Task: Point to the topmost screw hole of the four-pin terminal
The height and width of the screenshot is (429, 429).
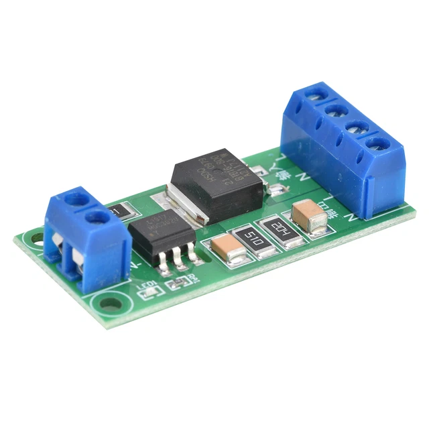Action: click(316, 97)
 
